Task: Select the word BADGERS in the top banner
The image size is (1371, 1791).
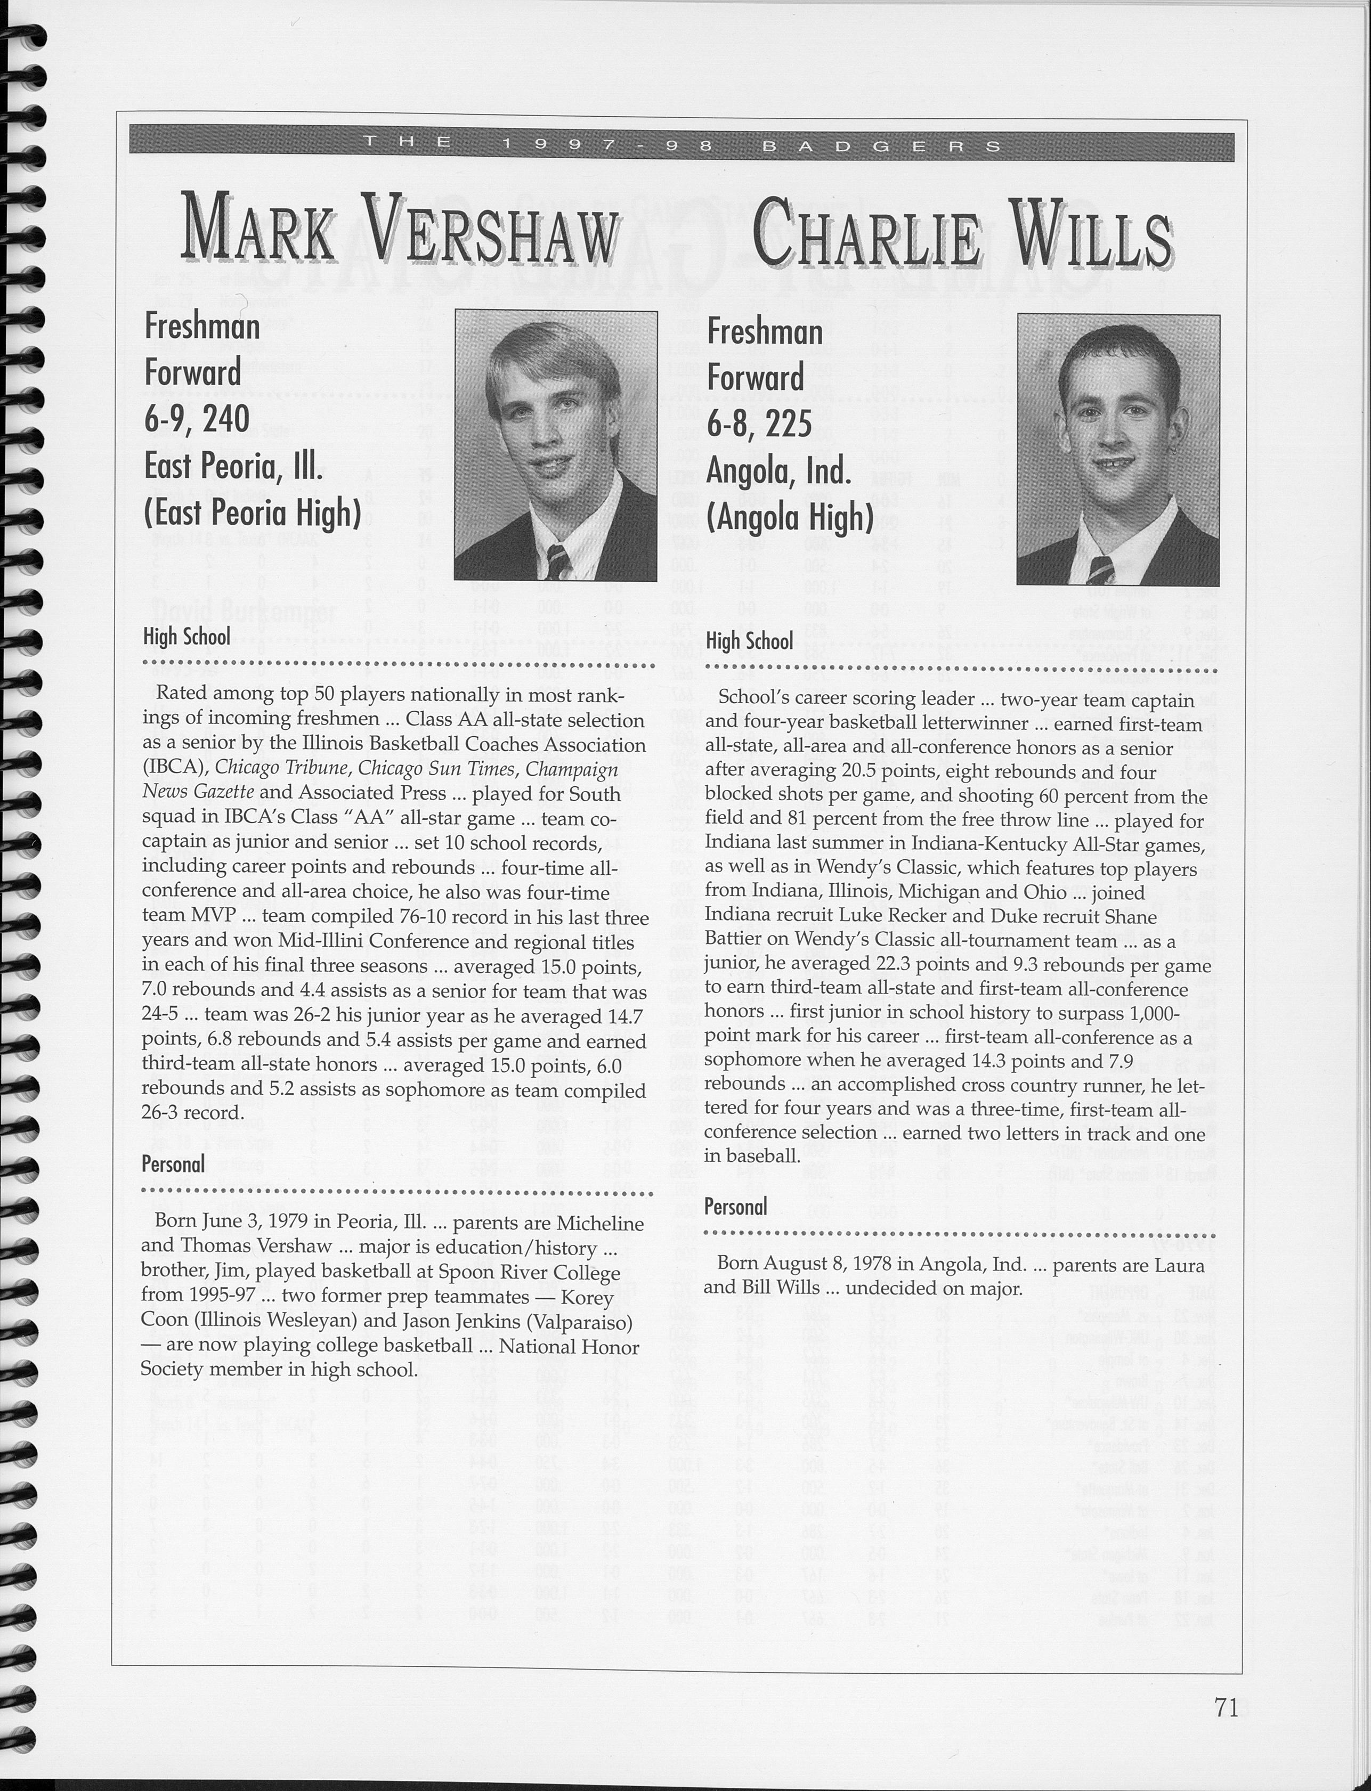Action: (881, 147)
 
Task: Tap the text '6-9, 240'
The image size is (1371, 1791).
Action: (197, 419)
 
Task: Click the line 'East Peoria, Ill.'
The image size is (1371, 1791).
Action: (233, 466)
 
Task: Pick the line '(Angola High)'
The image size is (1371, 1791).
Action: (790, 518)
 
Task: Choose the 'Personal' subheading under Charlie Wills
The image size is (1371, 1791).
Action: (735, 1207)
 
